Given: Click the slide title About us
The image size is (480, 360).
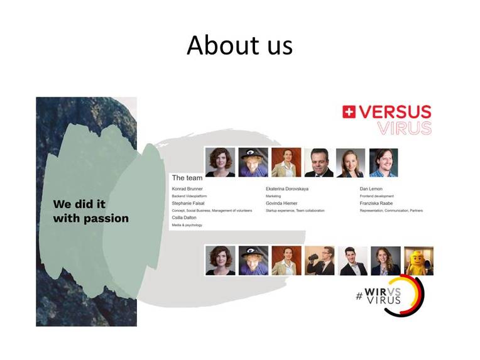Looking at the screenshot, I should coord(239,45).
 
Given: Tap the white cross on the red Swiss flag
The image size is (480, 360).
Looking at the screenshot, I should coord(349,112).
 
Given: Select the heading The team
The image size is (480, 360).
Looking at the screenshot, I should coord(187,178).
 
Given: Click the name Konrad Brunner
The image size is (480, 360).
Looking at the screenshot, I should coord(188,188).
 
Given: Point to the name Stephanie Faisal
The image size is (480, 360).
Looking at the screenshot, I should coord(189,203).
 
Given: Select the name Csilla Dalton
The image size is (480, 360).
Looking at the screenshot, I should coord(185,217).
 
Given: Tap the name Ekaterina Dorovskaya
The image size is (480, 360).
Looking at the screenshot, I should coord(287,188).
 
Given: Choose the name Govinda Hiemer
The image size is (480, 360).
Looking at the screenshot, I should coord(282,203).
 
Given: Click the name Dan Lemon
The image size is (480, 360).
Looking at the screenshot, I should coord(371,188).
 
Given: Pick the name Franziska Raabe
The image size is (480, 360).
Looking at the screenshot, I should coord(376,203).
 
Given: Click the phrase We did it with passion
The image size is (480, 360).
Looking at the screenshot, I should coord(90,212).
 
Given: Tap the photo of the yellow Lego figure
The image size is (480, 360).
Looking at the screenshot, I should coord(418,261).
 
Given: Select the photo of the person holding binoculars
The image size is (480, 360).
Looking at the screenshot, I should coord(320,261).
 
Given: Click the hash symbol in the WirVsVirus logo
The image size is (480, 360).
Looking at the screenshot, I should coord(359,296).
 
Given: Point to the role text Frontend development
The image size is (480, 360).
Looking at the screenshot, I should coord(376,196).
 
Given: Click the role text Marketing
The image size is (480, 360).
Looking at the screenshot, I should coord(273,196).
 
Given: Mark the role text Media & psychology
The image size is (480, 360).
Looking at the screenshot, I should coord(187,225).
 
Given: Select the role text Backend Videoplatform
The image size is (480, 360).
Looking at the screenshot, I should coord(190,196).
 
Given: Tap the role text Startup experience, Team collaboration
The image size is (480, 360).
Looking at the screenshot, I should coord(295,210).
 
